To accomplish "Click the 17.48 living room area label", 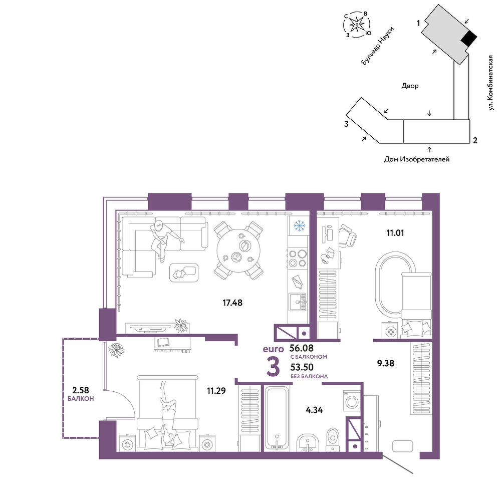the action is coord(232,302).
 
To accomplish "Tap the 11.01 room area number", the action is coord(395,233).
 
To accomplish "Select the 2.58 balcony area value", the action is coord(81,390).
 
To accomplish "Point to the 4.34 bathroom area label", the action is coord(314,410).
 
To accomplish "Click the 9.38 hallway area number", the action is coord(386,363).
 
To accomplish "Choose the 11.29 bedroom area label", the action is coord(216,390).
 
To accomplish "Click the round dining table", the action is coord(238,250).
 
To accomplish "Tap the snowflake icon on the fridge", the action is coord(300,225).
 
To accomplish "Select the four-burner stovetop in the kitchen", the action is coord(298,259).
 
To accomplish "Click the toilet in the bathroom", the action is coord(333,439).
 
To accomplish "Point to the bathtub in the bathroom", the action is coord(277,418).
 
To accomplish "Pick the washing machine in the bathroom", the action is coord(352,400).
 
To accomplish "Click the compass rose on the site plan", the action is coord(357,24).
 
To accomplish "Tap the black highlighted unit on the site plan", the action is coord(469,39).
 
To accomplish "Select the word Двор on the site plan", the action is coord(410,86).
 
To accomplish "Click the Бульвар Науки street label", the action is coord(377,46).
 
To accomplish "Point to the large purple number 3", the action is coord(273,367).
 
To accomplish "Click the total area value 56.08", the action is coord(301,348).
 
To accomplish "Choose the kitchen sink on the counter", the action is coord(298,302).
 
